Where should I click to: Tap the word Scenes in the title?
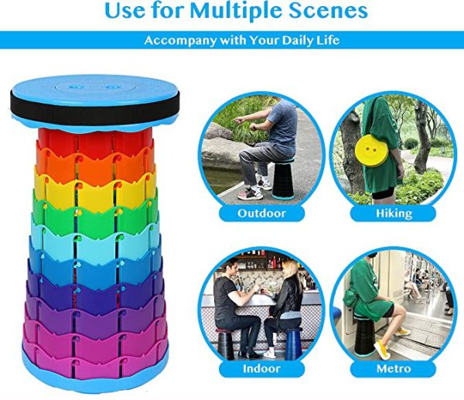click(328, 11)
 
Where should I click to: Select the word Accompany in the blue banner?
click(180, 40)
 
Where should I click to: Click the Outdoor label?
click(261, 214)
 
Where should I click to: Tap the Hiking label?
click(394, 214)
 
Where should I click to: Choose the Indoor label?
click(261, 369)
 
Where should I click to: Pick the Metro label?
click(394, 369)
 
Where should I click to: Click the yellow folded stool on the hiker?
click(371, 150)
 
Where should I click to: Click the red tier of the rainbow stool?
click(94, 139)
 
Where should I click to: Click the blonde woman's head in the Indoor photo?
click(289, 268)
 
